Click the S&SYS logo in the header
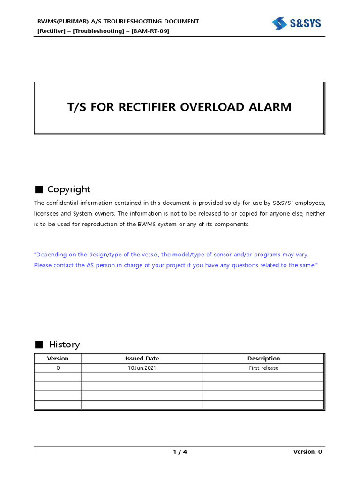296,23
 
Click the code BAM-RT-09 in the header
150,31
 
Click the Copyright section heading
68,189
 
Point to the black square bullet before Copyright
39,190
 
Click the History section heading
64,345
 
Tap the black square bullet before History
39,345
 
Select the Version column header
58,359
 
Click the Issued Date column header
142,359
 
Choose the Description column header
263,359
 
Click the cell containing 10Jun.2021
142,368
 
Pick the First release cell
263,368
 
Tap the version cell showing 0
58,368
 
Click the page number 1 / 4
180,452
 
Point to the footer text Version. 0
307,452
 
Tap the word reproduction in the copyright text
97,224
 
